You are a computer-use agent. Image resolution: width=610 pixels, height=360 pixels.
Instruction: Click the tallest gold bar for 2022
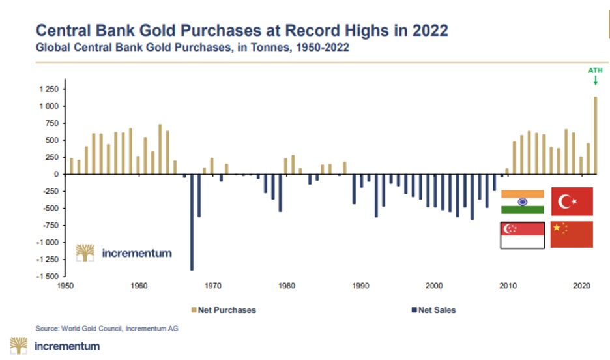(595, 136)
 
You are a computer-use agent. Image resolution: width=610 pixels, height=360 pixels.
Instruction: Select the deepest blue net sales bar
(192, 222)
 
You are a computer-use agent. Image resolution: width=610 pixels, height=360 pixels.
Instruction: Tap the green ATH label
(595, 70)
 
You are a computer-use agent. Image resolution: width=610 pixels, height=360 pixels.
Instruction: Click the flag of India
(522, 202)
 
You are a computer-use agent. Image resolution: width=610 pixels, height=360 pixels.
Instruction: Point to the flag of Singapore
(522, 235)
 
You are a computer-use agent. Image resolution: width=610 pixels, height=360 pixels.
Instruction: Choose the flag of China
(572, 234)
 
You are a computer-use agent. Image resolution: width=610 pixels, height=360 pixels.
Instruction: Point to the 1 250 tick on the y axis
(48, 89)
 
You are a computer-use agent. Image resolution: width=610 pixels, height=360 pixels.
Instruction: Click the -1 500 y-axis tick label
(46, 277)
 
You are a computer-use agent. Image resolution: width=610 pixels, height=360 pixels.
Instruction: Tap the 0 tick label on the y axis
(55, 174)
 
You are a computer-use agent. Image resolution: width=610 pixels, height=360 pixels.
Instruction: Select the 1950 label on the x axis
(65, 286)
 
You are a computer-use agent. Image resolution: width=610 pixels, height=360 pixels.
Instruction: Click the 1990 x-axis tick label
(361, 286)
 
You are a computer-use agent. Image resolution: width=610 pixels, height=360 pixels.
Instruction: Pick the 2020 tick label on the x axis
(581, 286)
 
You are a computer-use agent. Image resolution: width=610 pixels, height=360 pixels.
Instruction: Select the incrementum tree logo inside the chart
(85, 252)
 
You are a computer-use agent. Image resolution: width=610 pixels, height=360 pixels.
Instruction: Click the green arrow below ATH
(595, 81)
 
